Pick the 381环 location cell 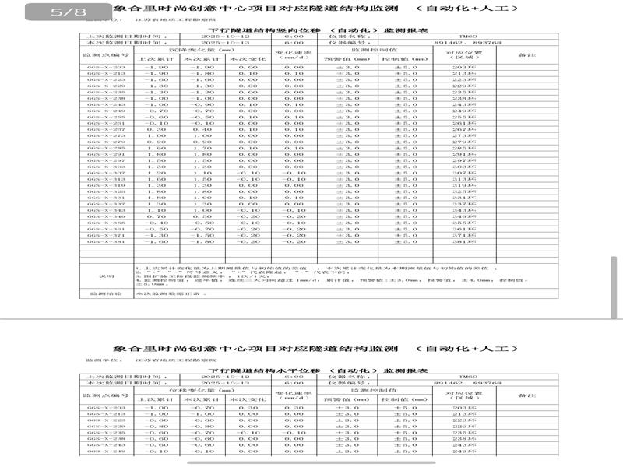point(464,242)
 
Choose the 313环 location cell point(464,179)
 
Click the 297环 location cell point(464,160)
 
